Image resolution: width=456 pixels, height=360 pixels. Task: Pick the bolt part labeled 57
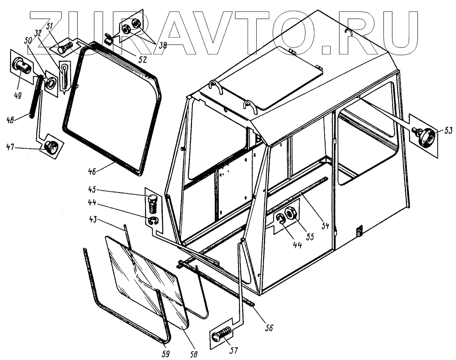222,335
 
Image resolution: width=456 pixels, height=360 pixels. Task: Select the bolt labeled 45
152,202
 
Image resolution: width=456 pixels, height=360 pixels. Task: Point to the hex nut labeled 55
290,213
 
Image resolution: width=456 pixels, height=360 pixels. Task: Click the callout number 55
310,236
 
